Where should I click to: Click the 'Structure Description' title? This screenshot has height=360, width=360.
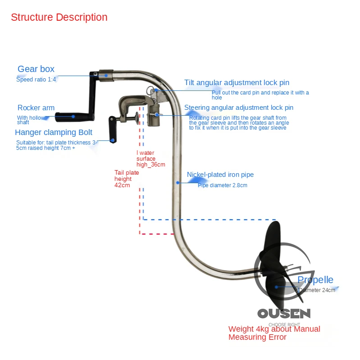[59, 18]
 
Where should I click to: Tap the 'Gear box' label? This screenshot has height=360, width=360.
[36, 69]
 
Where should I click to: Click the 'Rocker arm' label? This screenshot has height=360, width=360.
[36, 108]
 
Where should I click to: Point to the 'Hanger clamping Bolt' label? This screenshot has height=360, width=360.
[54, 132]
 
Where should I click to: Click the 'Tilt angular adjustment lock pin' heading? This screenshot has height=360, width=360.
[237, 83]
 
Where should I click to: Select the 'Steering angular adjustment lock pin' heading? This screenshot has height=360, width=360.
[239, 108]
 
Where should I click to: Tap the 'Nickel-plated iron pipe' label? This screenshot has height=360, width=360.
[220, 175]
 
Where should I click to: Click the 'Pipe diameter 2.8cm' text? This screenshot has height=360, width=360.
[222, 185]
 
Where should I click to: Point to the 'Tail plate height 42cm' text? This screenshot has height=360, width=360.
[123, 179]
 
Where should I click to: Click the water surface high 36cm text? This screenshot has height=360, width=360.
[150, 158]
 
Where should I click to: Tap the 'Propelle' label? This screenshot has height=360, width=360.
[315, 280]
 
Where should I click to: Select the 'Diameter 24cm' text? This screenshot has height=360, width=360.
[317, 290]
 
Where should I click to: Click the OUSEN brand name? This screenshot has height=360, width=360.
[283, 313]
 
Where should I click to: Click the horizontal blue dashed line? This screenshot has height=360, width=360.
[203, 220]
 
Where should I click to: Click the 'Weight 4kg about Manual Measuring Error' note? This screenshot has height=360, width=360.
[274, 333]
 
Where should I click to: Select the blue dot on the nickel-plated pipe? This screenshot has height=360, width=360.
[178, 182]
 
